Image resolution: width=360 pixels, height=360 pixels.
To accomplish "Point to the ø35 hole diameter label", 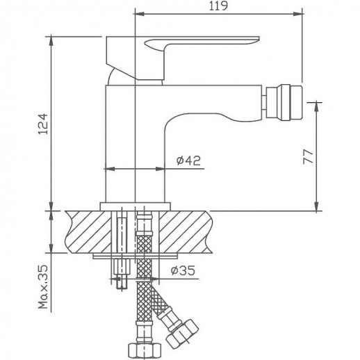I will point(181,273).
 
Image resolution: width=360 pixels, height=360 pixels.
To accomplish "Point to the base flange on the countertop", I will point(136,206).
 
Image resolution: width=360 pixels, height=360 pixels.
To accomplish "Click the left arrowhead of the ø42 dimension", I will point(107,167).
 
